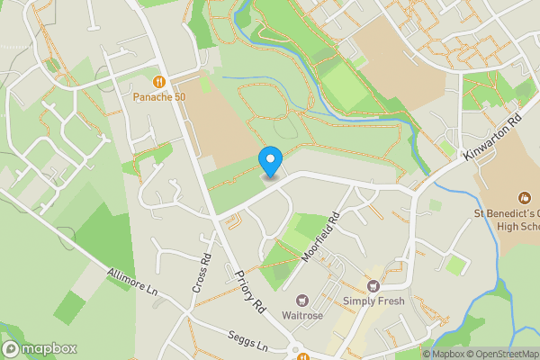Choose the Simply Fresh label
[373, 301]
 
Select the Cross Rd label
[202, 274]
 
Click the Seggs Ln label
[249, 345]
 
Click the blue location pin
[271, 162]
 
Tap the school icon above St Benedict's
[524, 197]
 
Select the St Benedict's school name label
[508, 220]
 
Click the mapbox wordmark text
[49, 349]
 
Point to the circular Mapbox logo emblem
[11, 349]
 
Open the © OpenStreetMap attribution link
[501, 354]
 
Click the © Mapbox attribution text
[441, 354]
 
